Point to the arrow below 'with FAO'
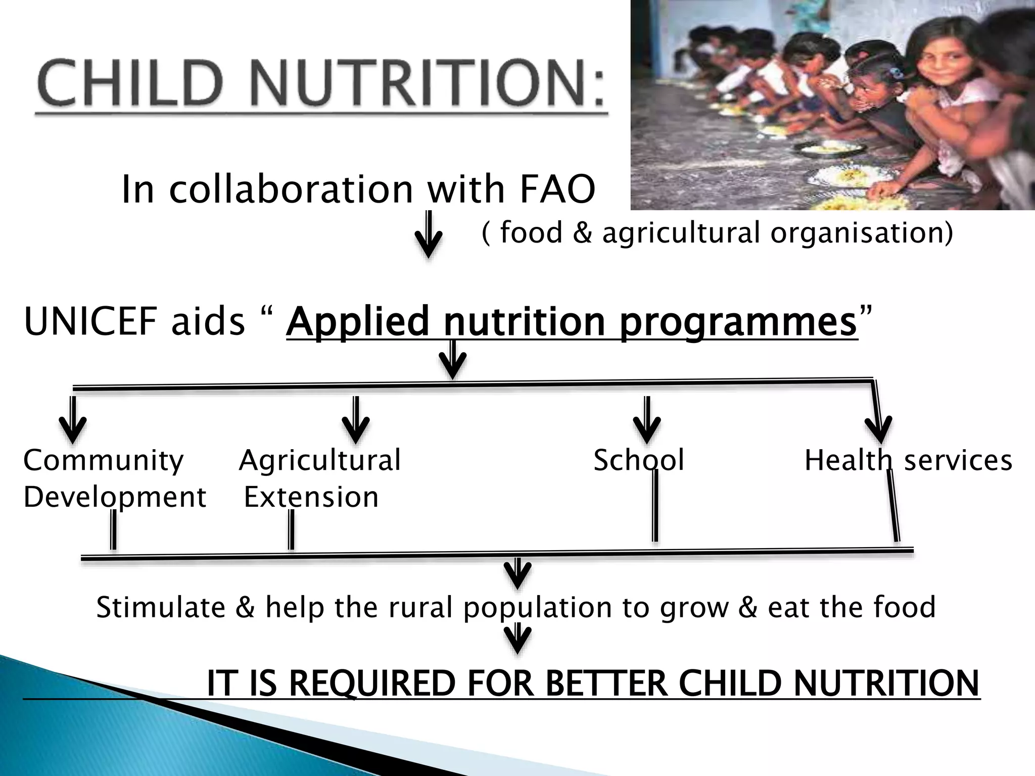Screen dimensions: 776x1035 point(429,235)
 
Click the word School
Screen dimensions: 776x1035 point(639,460)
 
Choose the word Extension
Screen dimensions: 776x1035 point(311,497)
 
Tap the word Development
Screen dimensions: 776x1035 point(115,497)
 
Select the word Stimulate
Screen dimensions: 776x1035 point(161,607)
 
